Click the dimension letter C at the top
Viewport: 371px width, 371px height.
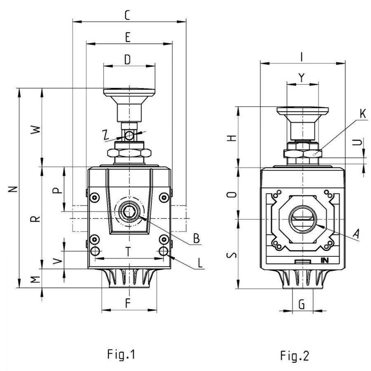[127, 15]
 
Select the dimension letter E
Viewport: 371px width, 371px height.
[127, 38]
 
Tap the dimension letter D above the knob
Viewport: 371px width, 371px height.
[127, 60]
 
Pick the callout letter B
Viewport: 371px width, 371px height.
[196, 239]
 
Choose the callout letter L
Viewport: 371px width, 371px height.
[200, 263]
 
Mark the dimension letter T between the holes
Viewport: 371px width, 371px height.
[128, 252]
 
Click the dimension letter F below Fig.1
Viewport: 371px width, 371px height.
[128, 303]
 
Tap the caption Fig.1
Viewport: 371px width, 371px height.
[121, 354]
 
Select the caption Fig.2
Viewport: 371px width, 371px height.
[295, 356]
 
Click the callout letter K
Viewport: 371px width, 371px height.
[363, 114]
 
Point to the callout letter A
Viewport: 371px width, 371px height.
[356, 234]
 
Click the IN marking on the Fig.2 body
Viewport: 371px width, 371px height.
[325, 260]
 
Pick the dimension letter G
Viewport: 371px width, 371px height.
[302, 304]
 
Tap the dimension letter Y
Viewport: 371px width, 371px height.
[301, 77]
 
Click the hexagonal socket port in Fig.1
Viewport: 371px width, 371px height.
[129, 211]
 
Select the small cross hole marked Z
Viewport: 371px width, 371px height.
[129, 136]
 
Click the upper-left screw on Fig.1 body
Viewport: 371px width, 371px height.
[95, 197]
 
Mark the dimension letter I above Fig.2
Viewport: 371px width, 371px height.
[301, 57]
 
